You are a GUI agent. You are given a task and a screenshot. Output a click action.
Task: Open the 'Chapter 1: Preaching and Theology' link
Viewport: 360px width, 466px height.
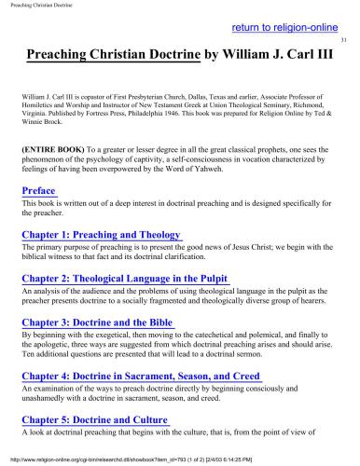click(102, 234)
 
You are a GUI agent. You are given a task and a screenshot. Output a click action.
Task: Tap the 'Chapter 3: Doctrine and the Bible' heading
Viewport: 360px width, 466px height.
click(97, 322)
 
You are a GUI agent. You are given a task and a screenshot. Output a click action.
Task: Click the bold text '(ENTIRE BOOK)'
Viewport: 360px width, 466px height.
click(53, 147)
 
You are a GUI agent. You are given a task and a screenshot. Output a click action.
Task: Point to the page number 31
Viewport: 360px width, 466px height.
click(343, 42)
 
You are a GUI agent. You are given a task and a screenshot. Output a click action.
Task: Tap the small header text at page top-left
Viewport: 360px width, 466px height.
click(37, 6)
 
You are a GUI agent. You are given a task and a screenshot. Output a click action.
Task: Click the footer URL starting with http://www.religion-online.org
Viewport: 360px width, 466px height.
click(140, 459)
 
